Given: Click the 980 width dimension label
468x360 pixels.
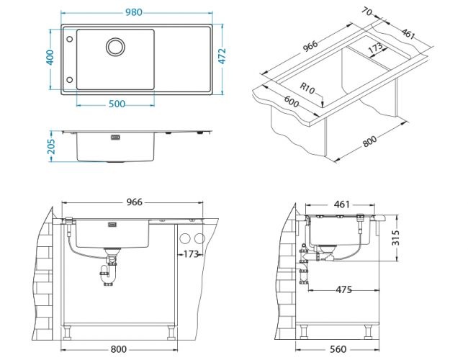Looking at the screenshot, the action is pos(134,12).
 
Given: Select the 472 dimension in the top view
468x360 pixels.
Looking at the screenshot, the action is pos(222,56).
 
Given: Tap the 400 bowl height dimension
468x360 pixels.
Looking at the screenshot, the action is pos(50,58).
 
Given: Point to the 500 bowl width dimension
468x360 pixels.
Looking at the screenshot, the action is pos(117,104).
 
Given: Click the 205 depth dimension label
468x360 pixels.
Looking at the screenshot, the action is pos(51,146).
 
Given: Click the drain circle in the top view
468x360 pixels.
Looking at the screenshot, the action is pos(115,47).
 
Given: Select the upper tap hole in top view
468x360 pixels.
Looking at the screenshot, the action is pos(70,39).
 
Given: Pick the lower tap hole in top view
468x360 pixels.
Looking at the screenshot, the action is pos(70,80).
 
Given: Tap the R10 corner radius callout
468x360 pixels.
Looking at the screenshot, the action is pos(307,89).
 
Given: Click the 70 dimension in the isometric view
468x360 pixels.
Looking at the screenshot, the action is pos(366,12).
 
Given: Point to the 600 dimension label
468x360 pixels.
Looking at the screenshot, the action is pos(291,102).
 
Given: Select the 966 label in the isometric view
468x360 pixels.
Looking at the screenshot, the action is pos(310,46).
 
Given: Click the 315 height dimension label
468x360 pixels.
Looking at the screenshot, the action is pos(395,238).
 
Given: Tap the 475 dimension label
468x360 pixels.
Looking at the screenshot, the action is pos(344,289).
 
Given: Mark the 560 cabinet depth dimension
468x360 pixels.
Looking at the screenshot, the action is pos(338,349).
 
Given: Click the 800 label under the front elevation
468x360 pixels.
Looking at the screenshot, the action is pos(119,349).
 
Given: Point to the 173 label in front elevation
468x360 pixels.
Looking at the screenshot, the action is pos(191,254).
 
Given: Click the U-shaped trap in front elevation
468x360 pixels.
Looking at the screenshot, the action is pos(109,274).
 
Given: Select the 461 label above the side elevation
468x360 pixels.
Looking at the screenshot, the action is pos(342,204).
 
